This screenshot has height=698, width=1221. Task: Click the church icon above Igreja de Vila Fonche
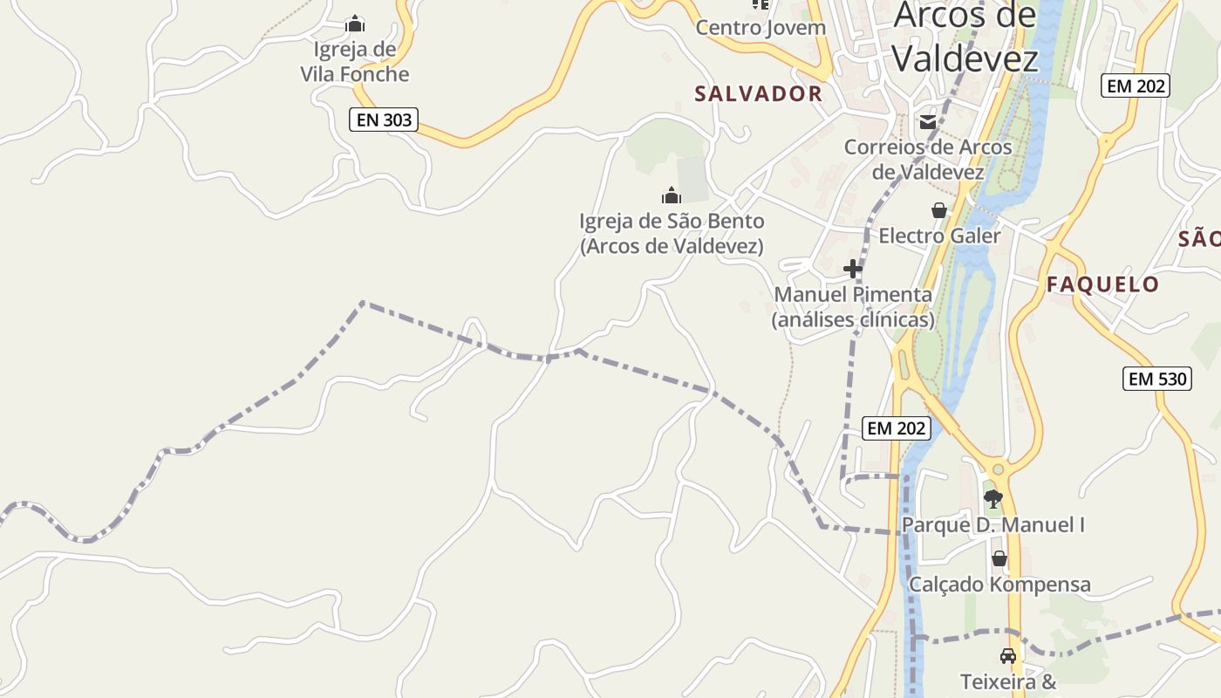click(355, 24)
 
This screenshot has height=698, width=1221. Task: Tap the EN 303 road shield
click(384, 120)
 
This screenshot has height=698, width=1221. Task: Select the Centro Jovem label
click(760, 27)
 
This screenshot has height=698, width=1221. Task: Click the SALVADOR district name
click(758, 94)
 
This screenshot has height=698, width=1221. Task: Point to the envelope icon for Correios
click(928, 122)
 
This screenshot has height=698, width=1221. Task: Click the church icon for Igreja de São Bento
click(672, 195)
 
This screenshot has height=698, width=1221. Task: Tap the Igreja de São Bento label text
click(672, 234)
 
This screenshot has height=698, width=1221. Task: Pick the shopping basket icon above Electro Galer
click(939, 210)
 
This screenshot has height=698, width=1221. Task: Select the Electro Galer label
click(939, 236)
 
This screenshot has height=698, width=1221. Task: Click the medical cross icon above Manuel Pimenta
click(853, 269)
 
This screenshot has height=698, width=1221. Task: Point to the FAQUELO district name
click(1102, 284)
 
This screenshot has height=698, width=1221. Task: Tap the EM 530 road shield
click(1157, 379)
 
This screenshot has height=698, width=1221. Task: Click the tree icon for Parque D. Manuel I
click(992, 499)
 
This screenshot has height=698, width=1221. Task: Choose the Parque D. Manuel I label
click(993, 525)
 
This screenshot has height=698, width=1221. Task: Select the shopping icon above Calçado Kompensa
click(999, 558)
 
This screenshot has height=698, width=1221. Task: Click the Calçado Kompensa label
click(999, 585)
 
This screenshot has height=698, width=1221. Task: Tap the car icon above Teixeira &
click(1008, 656)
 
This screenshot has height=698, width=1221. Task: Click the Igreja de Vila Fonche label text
click(355, 62)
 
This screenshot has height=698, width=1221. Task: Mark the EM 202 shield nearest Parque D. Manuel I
click(897, 428)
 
